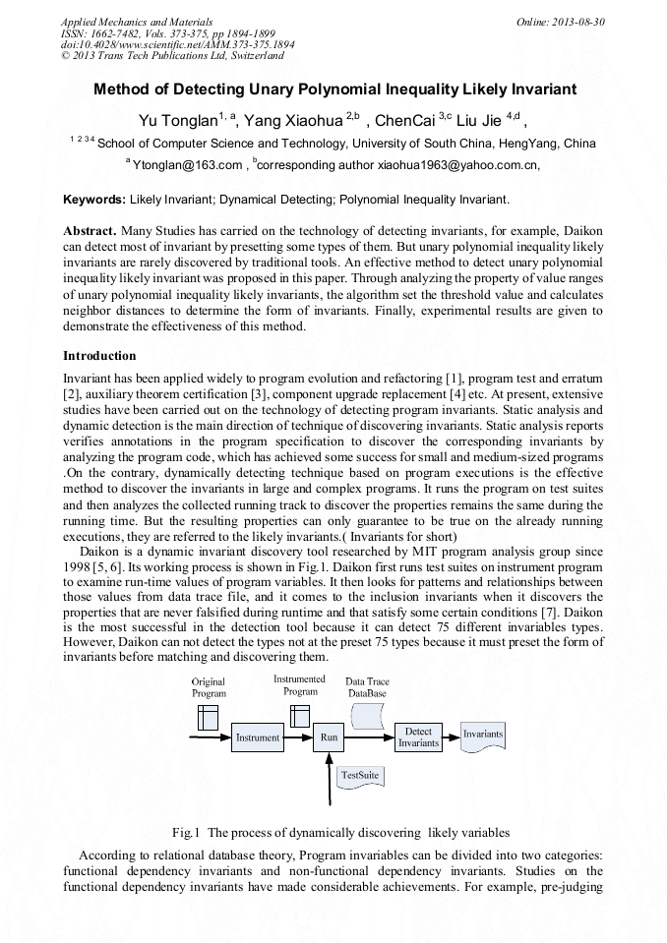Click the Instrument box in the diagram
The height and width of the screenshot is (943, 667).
(257, 737)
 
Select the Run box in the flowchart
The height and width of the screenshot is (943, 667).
(329, 737)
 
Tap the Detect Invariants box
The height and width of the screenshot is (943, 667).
(418, 737)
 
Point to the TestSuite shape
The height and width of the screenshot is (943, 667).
(360, 776)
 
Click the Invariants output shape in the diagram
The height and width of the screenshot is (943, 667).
(483, 736)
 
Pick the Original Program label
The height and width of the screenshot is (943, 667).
(209, 687)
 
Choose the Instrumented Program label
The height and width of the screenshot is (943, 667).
(300, 684)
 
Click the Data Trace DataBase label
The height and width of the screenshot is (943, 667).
(368, 687)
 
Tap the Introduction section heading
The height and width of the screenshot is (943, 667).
(99, 355)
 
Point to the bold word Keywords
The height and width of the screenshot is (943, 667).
(93, 200)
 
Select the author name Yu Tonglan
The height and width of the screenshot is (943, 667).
(178, 121)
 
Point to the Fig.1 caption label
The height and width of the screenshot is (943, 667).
(186, 831)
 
